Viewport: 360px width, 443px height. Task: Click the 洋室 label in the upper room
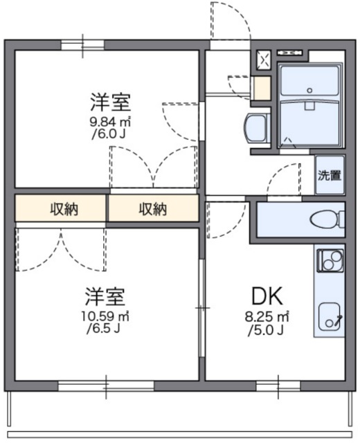tap(109, 102)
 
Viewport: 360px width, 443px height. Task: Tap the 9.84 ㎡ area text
tap(109, 122)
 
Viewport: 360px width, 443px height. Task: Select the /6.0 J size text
tap(109, 134)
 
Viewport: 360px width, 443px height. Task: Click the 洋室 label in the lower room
tap(105, 297)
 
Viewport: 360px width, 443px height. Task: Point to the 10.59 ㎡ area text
tap(105, 316)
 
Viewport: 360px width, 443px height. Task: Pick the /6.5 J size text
tap(105, 329)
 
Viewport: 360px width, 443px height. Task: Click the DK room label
tap(267, 297)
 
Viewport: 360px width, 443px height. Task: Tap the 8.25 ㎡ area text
tap(267, 317)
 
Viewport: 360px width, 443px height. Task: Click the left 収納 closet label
tap(62, 208)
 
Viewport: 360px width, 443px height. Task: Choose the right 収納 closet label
tap(152, 208)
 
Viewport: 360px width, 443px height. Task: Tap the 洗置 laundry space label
tap(329, 175)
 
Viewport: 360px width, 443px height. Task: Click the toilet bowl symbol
tap(325, 220)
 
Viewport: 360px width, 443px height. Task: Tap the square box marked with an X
tap(264, 60)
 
